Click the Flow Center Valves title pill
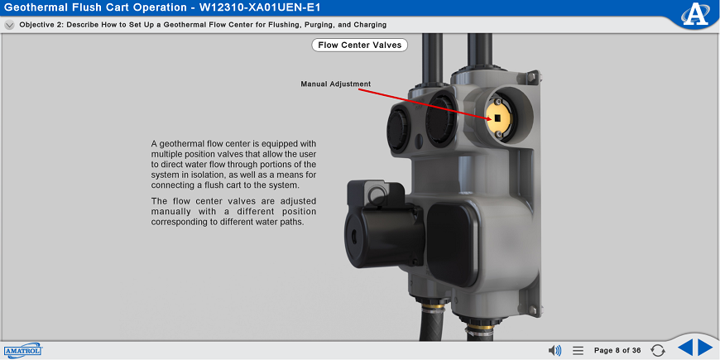coord(359,45)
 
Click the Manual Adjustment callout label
coord(336,84)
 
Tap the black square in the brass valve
coord(497,118)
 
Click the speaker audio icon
coord(554,350)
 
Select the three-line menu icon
coord(578,350)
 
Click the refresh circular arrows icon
coord(658,350)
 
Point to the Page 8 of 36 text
coord(617,350)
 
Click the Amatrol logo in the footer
coord(23,350)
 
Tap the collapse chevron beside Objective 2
coord(9,25)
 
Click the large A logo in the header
coord(695,13)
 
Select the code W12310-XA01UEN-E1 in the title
coord(260,7)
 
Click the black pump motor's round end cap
coord(356,238)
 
